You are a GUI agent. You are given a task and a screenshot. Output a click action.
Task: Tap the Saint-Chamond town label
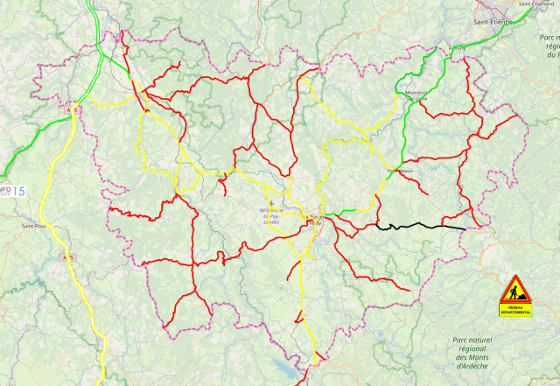click(x=537, y=4)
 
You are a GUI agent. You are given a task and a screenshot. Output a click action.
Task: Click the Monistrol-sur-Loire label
click(x=416, y=95)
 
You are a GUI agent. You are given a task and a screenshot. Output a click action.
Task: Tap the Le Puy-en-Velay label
click(x=312, y=220)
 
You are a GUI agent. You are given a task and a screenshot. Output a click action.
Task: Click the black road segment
click(x=420, y=227)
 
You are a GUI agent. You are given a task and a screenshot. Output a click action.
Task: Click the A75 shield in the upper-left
click(x=73, y=111)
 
